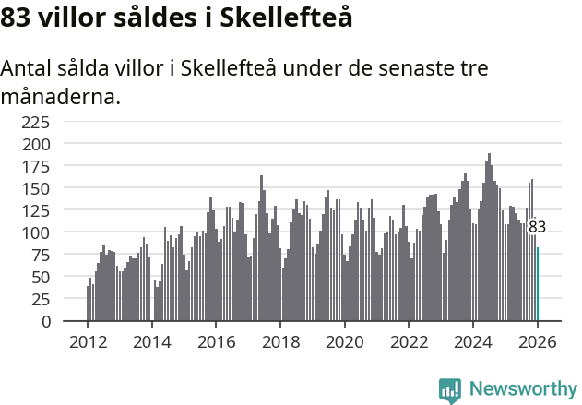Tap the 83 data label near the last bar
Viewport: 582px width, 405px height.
[537, 227]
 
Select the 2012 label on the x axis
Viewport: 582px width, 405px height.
[88, 341]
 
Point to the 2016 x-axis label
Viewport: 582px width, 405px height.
[216, 341]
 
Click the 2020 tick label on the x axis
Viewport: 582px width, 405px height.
[344, 341]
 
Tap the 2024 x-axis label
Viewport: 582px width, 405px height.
[472, 341]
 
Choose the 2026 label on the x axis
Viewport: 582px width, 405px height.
[537, 341]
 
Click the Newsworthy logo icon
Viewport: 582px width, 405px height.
[450, 390]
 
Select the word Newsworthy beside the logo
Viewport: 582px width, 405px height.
[522, 390]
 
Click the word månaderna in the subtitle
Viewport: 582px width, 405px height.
[60, 96]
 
